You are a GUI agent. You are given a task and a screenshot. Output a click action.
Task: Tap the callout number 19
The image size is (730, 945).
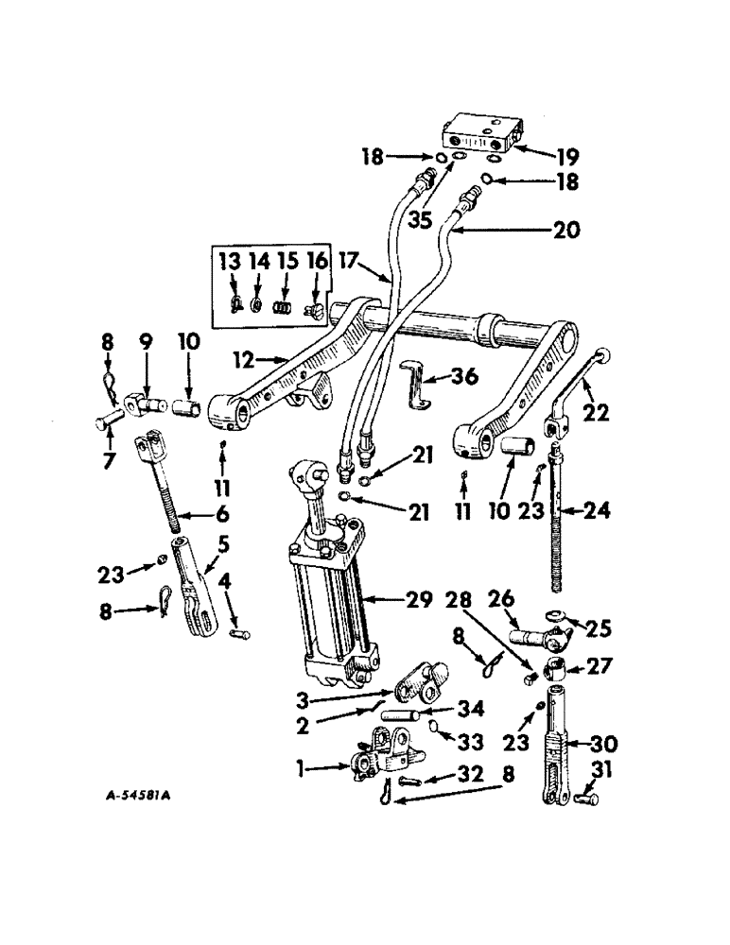[567, 157]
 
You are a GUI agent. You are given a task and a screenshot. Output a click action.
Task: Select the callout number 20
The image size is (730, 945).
[568, 230]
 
